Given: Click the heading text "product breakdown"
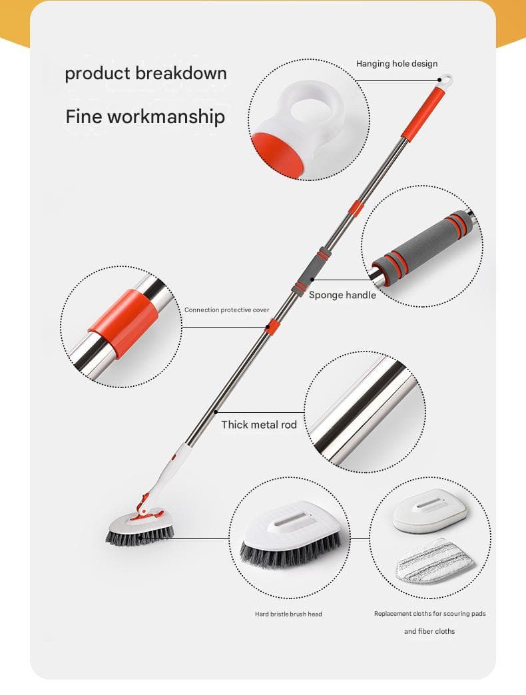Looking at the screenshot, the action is pos(146,74).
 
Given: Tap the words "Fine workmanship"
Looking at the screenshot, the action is pos(145,117).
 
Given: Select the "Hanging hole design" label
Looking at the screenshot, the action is pos(397,64).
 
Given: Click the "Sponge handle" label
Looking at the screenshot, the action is pos(342,295).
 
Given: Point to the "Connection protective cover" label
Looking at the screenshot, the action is pos(226,310).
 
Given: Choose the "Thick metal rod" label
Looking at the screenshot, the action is pos(259,425).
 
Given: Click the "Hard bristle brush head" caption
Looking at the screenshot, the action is pos(288,614).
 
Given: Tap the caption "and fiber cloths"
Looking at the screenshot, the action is pos(429,631).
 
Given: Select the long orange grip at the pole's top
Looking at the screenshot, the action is pos(422,113).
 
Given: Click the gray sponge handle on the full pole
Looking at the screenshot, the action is pos(310,272).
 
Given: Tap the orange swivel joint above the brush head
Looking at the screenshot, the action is pos(144,507).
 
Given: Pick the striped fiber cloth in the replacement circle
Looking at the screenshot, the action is pos(434,561).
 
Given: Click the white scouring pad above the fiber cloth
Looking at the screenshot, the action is pos(430,510).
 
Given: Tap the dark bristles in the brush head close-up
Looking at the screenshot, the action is pos(291,551).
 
